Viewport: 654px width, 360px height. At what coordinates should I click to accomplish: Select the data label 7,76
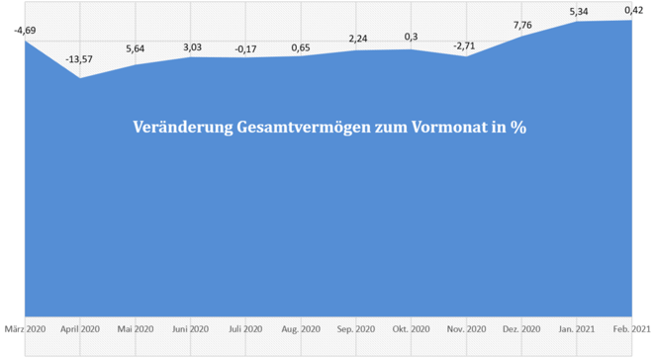coord(522,25)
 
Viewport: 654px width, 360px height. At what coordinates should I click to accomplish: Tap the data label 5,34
coord(578,11)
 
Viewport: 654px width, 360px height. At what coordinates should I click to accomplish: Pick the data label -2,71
coord(467,46)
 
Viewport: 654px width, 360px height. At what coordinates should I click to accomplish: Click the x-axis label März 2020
coord(25,328)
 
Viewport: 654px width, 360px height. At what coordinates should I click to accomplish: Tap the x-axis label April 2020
coord(80,328)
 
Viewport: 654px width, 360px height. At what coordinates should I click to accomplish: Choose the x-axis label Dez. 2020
coord(522,328)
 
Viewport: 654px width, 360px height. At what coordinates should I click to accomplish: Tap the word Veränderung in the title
coord(177,128)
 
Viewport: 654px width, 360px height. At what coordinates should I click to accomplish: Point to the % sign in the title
coord(516,128)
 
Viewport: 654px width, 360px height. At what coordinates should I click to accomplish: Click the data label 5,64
coord(136,48)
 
